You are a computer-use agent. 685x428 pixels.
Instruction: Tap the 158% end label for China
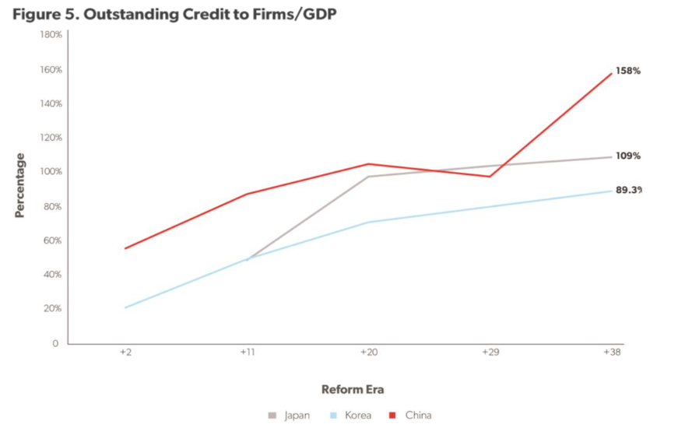627,71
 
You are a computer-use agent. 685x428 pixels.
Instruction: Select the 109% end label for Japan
627,156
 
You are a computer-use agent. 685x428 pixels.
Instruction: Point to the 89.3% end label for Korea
628,190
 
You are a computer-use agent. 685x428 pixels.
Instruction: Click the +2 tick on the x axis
125,352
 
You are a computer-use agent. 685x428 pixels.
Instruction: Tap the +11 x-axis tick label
247,352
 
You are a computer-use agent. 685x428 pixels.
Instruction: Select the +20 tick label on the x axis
369,352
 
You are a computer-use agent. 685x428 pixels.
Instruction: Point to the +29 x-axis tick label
490,352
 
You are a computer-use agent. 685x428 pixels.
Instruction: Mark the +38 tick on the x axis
612,352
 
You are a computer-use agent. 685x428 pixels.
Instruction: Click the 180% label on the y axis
51,35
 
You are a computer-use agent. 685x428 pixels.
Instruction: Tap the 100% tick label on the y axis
51,172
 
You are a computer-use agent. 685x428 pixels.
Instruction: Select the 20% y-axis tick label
53,309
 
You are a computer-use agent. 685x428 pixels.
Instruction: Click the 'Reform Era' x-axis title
353,389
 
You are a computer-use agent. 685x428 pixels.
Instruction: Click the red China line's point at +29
490,177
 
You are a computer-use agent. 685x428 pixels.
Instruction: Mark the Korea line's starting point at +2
125,307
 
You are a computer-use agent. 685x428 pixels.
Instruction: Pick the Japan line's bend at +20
369,177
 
